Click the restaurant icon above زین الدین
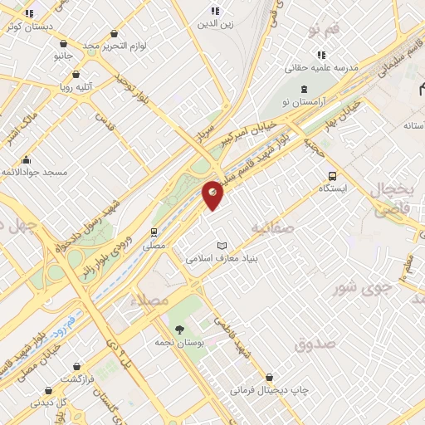tap(215, 11)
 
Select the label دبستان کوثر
tap(28, 27)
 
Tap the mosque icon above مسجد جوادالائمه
tap(26, 159)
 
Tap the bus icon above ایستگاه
tap(332, 176)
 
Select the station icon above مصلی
tap(154, 232)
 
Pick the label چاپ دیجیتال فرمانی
tap(271, 388)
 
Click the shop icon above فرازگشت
tap(76, 365)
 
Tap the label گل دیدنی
tap(49, 402)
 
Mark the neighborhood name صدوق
tap(315, 343)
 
